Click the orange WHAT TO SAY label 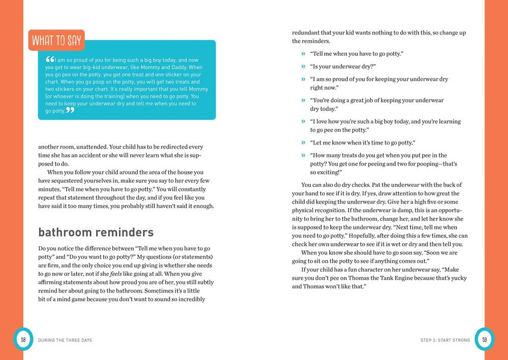(56, 41)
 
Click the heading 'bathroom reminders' (96, 233)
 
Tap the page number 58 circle (23, 339)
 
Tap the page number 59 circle (484, 339)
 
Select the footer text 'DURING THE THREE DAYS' (65, 340)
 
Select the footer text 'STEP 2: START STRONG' (445, 340)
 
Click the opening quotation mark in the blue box (50, 59)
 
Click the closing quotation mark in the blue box (70, 110)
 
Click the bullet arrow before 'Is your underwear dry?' (303, 67)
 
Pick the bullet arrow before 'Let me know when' (303, 143)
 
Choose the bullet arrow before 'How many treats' (303, 155)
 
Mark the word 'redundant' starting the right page (306, 33)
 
